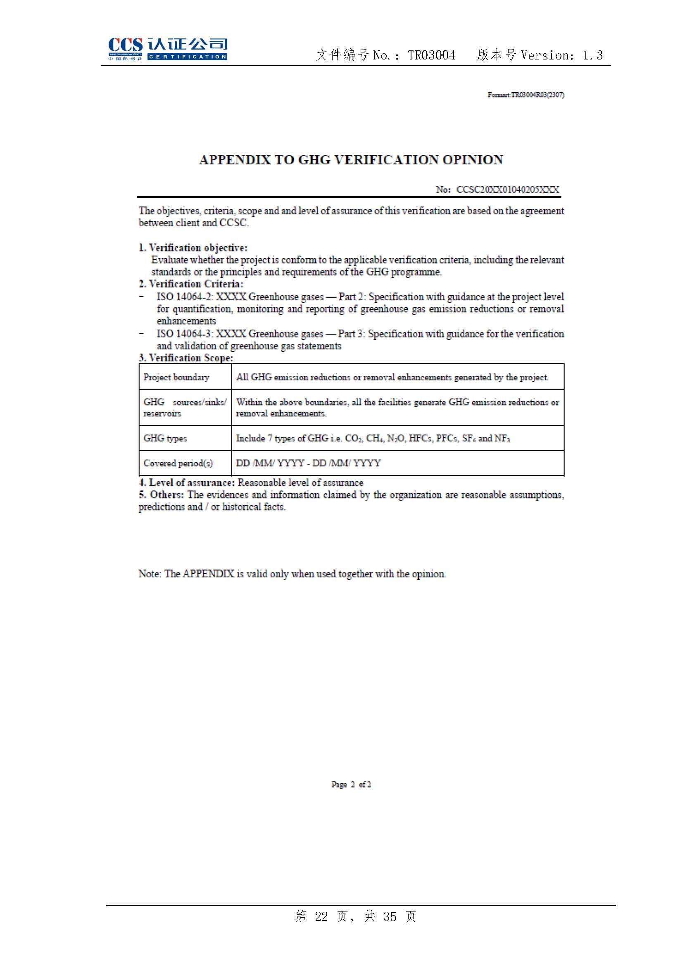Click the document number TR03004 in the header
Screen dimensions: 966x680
tap(431, 55)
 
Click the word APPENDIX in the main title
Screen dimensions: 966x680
tap(234, 160)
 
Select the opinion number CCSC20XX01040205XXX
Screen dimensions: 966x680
tap(507, 190)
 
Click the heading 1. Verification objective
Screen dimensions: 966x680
tap(193, 247)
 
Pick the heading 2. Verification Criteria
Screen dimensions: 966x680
tap(191, 284)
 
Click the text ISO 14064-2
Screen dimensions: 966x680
tap(185, 297)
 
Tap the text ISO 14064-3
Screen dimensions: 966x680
tap(185, 334)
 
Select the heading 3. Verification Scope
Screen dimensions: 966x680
tap(186, 358)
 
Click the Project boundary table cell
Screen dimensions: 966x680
tap(176, 377)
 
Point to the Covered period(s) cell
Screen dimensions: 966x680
tap(178, 463)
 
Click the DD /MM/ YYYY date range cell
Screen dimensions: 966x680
tap(308, 463)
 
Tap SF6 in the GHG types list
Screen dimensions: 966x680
tap(469, 439)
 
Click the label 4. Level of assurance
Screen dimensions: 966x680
tap(186, 482)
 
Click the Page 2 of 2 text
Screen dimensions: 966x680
tap(351, 785)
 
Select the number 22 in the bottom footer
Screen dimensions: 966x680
tap(321, 916)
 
